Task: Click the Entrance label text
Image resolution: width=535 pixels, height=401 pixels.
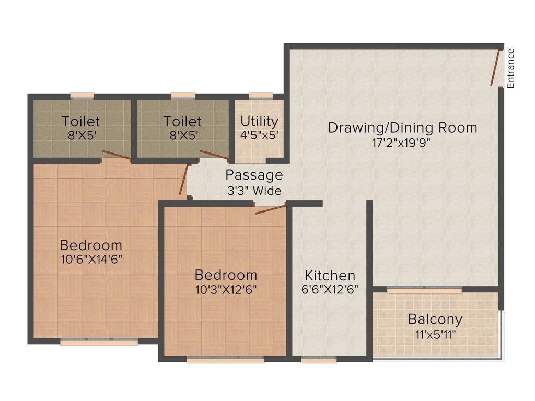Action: pyautogui.click(x=510, y=68)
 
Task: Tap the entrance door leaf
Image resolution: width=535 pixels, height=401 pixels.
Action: pyautogui.click(x=495, y=67)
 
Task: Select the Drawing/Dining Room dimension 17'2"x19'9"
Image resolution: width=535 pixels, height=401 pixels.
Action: pyautogui.click(x=401, y=143)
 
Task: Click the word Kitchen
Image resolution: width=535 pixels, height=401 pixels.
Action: pyautogui.click(x=330, y=275)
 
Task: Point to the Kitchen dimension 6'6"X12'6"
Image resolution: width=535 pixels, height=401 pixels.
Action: pyautogui.click(x=330, y=289)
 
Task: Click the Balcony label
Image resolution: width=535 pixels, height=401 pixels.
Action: pyautogui.click(x=435, y=320)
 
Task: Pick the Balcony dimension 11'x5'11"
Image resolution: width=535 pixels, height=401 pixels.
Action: pyautogui.click(x=436, y=335)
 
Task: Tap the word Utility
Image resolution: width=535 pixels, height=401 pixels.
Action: pyautogui.click(x=259, y=121)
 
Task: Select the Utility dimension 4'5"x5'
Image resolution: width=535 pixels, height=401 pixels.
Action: pyautogui.click(x=259, y=135)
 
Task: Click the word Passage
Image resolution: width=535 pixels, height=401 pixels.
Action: pyautogui.click(x=254, y=175)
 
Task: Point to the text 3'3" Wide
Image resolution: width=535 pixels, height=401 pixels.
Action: pyautogui.click(x=254, y=191)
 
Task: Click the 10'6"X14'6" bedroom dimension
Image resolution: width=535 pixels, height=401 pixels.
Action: pyautogui.click(x=91, y=260)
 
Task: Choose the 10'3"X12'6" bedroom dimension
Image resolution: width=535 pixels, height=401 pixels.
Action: pyautogui.click(x=226, y=289)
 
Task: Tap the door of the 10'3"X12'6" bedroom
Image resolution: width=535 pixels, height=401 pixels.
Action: pyautogui.click(x=271, y=209)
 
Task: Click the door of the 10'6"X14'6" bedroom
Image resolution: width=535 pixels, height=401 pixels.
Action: pyautogui.click(x=184, y=179)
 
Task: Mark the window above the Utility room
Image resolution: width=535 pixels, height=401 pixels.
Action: pyautogui.click(x=261, y=96)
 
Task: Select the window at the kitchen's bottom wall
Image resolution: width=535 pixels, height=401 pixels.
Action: pyautogui.click(x=319, y=359)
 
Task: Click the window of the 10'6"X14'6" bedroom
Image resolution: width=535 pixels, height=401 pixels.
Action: pyautogui.click(x=99, y=341)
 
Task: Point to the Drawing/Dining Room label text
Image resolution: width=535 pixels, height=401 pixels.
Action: pyautogui.click(x=403, y=127)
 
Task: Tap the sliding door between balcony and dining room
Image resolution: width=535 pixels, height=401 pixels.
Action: pyautogui.click(x=424, y=290)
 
